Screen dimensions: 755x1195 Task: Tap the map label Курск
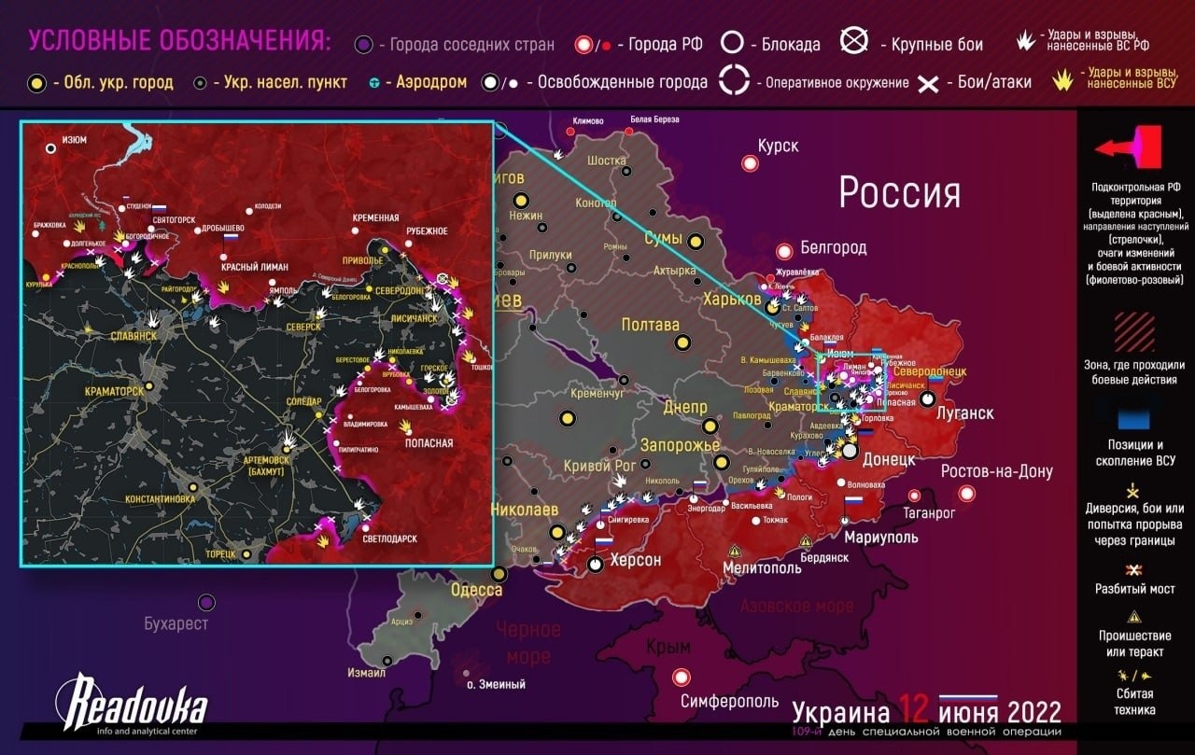tap(779, 147)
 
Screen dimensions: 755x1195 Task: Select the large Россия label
tap(899, 192)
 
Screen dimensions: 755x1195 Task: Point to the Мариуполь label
tap(880, 537)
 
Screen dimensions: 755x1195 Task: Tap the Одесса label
tap(476, 590)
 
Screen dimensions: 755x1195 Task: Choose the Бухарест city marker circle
tap(206, 603)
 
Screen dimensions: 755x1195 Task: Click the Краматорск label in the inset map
tap(114, 391)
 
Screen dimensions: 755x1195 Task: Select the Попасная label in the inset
tap(429, 442)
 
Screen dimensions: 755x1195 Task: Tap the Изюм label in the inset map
tap(74, 139)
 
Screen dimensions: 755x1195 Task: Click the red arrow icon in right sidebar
tap(1130, 147)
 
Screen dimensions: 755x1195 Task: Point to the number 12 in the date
tap(914, 711)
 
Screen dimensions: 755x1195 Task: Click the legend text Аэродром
tap(432, 82)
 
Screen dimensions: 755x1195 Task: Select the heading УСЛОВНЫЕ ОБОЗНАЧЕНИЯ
tap(178, 41)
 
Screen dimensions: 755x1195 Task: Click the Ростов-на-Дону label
tap(996, 471)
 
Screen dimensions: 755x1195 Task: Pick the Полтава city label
tap(650, 325)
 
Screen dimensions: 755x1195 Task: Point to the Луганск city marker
tap(927, 398)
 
